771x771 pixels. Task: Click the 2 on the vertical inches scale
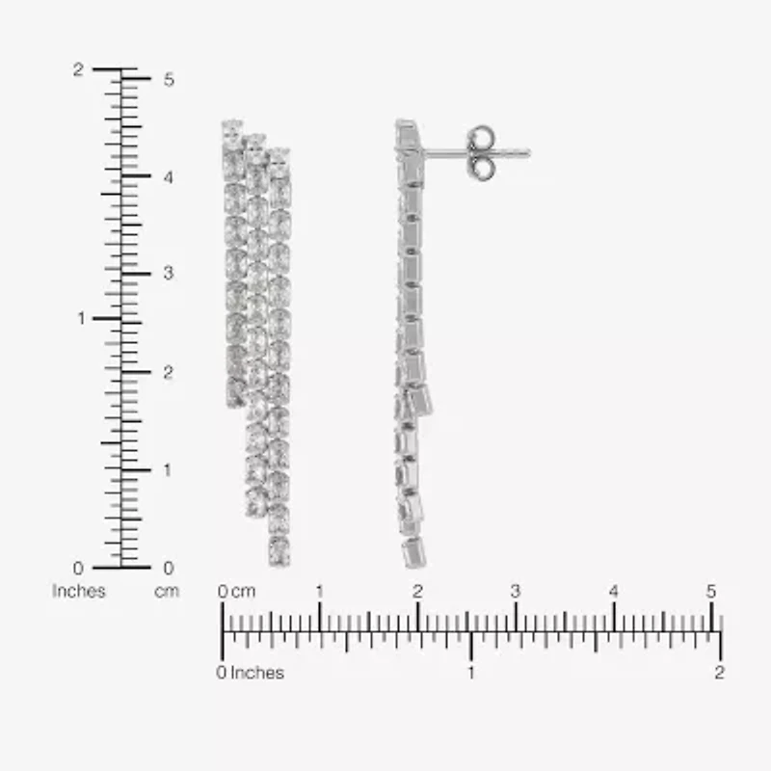point(79,69)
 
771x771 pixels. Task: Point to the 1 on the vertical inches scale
point(80,318)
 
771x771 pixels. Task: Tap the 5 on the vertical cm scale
point(168,79)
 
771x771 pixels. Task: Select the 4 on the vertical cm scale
point(168,177)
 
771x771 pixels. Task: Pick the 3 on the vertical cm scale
point(168,274)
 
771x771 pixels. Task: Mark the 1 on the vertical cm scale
point(168,469)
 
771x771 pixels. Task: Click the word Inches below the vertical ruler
point(79,591)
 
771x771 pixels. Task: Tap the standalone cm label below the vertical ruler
point(167,591)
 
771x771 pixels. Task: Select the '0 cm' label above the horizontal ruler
point(237,591)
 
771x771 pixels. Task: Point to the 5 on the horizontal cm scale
point(711,591)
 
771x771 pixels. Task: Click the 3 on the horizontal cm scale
point(516,591)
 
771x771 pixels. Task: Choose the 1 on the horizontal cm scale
point(320,591)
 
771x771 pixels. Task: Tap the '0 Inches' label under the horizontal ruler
point(251,673)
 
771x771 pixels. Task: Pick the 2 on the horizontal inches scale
point(719,673)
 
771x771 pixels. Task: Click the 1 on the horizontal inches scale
point(470,673)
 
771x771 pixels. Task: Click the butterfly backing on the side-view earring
point(481,152)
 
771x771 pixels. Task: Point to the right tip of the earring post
point(528,152)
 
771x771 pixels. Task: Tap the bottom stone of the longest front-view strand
point(279,551)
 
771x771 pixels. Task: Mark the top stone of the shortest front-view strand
point(232,128)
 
